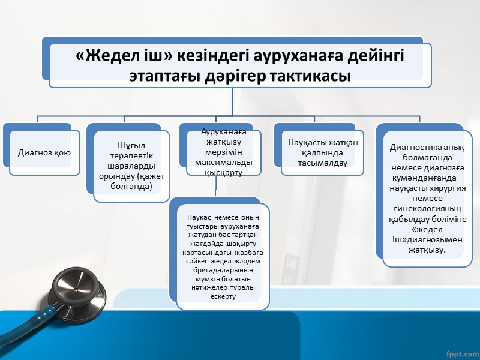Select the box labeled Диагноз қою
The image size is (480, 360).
tap(44, 152)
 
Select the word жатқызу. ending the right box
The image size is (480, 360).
tap(427, 249)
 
